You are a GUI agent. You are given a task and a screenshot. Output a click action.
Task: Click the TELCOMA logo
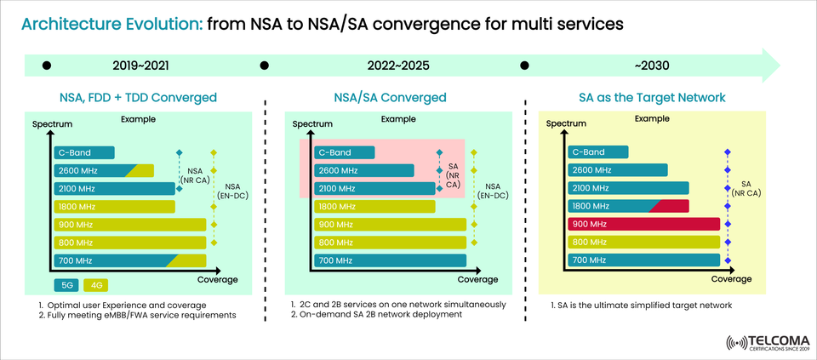coord(768,341)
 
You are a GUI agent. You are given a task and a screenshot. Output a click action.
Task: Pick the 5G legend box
coord(68,285)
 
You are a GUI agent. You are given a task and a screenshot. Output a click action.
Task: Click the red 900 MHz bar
coord(643,224)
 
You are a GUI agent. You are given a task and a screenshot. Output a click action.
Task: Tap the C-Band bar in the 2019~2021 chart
coord(83,153)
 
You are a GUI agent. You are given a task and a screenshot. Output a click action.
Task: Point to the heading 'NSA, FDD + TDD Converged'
coord(138,97)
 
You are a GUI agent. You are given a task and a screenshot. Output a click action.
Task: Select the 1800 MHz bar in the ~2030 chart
coord(627,206)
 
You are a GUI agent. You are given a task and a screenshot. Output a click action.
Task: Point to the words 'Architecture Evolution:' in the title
coord(111,25)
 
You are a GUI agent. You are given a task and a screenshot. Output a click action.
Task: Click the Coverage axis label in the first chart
coord(217,279)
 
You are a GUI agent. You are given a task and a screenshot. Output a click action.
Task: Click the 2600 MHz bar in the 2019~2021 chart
coord(104,170)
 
